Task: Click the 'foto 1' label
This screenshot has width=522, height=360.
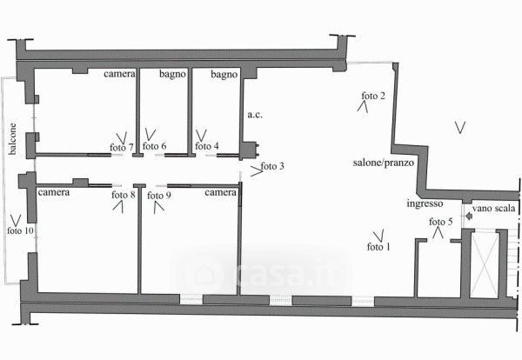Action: tap(378, 247)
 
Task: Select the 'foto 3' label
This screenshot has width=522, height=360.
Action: tap(272, 166)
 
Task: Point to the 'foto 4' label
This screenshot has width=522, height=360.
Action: tap(206, 146)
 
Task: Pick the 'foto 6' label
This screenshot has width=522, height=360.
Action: tap(154, 146)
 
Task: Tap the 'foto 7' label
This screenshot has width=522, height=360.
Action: tap(122, 147)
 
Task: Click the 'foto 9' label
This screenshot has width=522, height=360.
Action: tap(158, 195)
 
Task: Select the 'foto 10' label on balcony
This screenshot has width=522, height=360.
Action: tap(20, 230)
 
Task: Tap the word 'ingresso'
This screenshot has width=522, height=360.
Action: tap(425, 204)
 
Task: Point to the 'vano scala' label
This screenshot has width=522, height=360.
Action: tap(497, 210)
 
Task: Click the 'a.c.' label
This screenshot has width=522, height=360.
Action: tap(255, 114)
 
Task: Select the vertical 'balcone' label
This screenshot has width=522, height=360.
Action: tap(12, 137)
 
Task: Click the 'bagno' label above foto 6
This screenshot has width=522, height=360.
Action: tap(171, 76)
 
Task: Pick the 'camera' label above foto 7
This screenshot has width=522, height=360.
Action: tap(119, 76)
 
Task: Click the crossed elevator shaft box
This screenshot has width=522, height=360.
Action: tap(483, 262)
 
